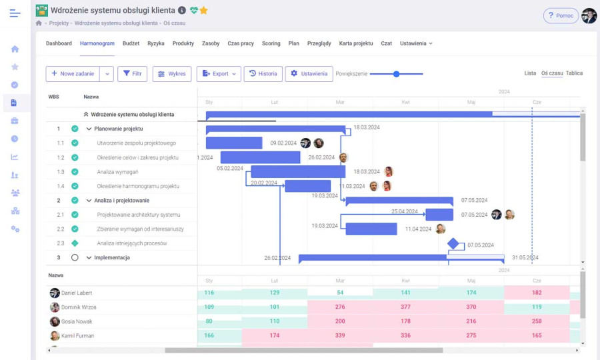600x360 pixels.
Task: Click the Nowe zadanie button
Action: point(73,74)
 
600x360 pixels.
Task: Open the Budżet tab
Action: point(131,43)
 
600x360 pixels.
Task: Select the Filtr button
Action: point(132,74)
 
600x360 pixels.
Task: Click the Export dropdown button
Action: point(218,74)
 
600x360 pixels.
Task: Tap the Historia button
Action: point(263,74)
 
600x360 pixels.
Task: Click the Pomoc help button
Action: point(560,15)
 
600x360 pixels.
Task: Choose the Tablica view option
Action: point(574,73)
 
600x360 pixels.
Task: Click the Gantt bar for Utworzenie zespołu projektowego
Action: point(234,143)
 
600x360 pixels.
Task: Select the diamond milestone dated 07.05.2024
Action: point(453,244)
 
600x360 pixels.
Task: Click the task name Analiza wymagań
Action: point(117,172)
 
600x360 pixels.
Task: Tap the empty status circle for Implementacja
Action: point(75,257)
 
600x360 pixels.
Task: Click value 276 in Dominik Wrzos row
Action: point(340,307)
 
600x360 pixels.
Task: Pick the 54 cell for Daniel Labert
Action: point(340,293)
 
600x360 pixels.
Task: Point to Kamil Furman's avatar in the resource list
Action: point(55,336)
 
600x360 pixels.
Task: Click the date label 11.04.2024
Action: point(418,229)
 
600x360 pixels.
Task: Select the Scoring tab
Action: point(271,43)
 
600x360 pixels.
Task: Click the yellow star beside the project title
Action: point(203,11)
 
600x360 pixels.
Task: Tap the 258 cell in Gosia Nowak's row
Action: point(537,321)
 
